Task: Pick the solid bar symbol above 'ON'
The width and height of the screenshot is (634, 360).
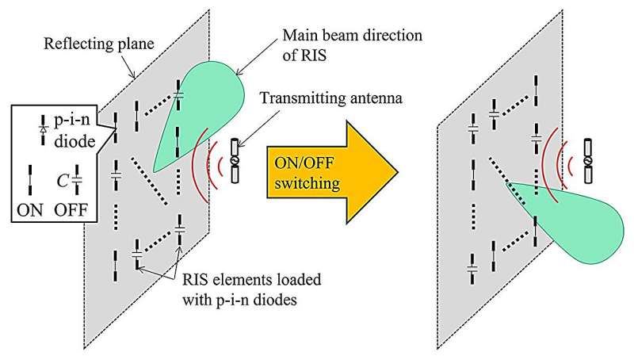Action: (30, 176)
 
